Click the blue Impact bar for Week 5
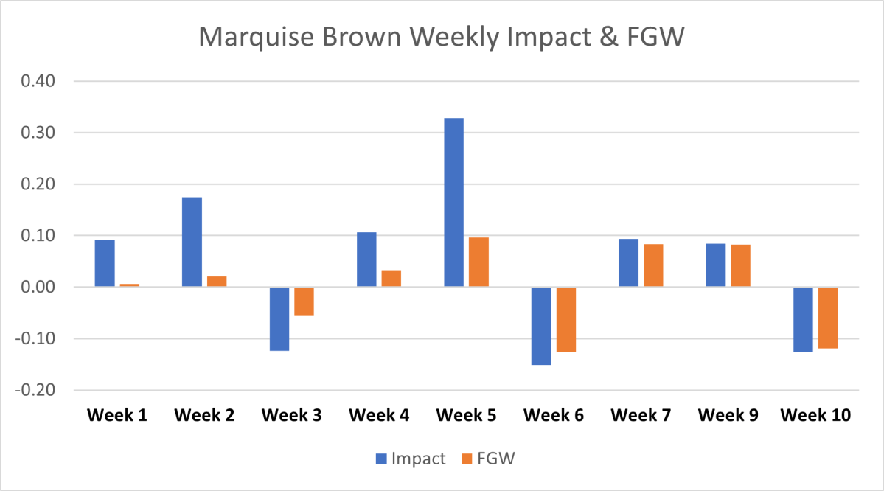(x=453, y=203)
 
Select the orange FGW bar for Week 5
(x=478, y=262)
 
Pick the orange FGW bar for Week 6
(x=565, y=319)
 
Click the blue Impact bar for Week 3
(x=279, y=318)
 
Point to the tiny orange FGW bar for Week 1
(x=129, y=285)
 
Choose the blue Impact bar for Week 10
(x=802, y=319)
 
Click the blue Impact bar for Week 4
(x=366, y=260)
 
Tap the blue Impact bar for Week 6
(x=540, y=326)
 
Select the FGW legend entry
(x=487, y=459)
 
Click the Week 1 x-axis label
(x=117, y=415)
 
